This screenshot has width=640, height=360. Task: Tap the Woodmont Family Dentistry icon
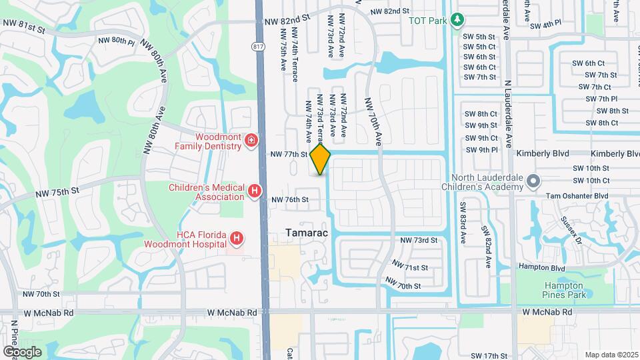click(x=251, y=141)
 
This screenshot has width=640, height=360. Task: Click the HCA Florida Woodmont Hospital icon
click(x=236, y=238)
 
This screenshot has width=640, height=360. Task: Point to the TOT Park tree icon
click(x=457, y=20)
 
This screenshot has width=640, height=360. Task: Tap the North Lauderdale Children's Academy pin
click(x=533, y=181)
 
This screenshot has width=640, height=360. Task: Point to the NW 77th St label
click(x=289, y=154)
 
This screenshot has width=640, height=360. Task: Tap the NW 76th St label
click(x=290, y=199)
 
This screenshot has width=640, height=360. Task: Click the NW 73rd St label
click(x=418, y=240)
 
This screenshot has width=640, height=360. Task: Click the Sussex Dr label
click(x=571, y=231)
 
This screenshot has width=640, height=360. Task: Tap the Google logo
click(x=22, y=351)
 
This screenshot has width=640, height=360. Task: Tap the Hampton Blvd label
click(x=544, y=268)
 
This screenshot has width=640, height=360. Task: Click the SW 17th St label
click(x=489, y=356)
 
